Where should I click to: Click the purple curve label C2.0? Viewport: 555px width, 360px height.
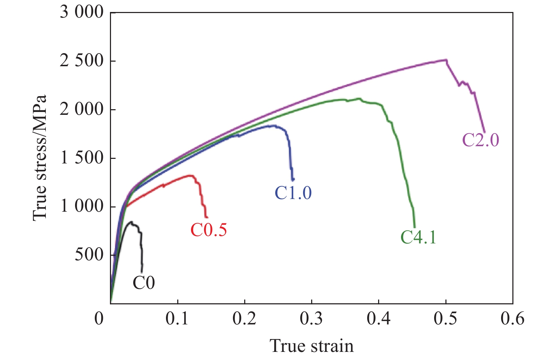[480, 140]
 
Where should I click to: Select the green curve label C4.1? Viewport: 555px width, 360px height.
[418, 237]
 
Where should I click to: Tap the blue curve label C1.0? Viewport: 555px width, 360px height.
[293, 193]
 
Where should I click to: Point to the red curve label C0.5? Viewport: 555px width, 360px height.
[209, 230]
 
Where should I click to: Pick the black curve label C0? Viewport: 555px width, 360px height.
[143, 283]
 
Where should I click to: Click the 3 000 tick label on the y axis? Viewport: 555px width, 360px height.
[81, 13]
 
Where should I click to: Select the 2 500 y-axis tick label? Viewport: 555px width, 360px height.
[81, 61]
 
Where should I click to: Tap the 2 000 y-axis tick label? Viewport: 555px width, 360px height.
[81, 110]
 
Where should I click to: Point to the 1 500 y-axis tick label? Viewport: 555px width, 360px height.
[81, 158]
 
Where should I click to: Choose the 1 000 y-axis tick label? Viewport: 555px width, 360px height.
[81, 206]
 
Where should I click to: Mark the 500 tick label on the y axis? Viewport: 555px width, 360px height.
[89, 255]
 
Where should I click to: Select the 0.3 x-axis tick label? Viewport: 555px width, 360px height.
[312, 318]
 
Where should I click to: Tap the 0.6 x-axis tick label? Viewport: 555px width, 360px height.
[513, 318]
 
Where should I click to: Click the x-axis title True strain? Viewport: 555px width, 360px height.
[312, 346]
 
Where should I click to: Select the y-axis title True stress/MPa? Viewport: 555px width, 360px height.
[39, 158]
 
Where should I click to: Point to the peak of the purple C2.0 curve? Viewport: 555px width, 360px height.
[445, 60]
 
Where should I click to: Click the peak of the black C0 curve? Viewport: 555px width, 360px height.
[131, 222]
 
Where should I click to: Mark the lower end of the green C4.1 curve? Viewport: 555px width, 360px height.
[414, 227]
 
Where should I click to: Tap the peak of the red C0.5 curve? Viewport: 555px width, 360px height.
[191, 175]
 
